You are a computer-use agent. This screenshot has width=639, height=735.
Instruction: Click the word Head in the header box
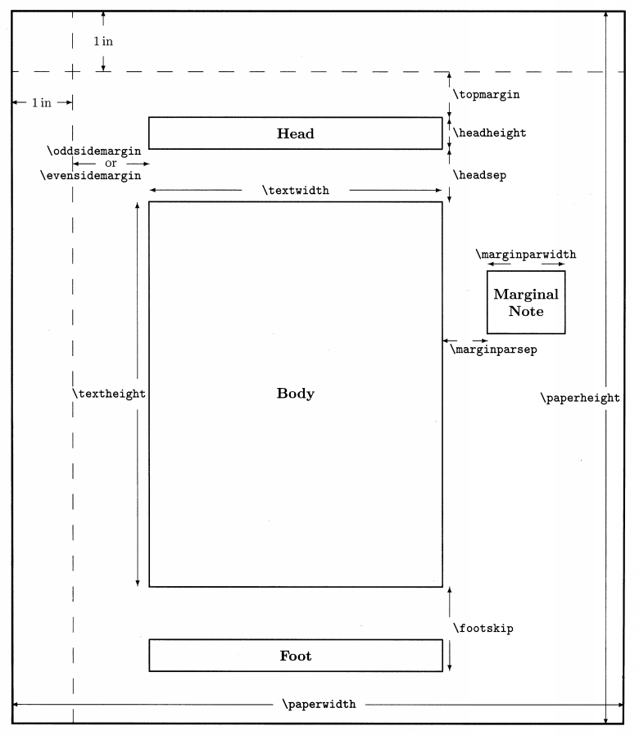pyautogui.click(x=295, y=133)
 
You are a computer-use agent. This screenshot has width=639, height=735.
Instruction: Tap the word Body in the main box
pyautogui.click(x=295, y=394)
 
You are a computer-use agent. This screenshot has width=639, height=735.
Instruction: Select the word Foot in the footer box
pyautogui.click(x=295, y=656)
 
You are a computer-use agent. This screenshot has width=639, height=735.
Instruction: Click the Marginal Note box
pyautogui.click(x=525, y=302)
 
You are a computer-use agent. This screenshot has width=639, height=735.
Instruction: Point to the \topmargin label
pyautogui.click(x=487, y=95)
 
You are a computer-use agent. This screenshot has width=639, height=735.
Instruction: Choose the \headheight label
pyautogui.click(x=490, y=133)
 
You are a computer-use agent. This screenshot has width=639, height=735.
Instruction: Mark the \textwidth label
pyautogui.click(x=296, y=191)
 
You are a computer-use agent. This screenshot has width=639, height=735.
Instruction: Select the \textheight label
pyautogui.click(x=109, y=394)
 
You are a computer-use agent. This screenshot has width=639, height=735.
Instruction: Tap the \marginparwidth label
pyautogui.click(x=525, y=254)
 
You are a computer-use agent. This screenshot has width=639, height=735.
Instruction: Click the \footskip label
pyautogui.click(x=483, y=629)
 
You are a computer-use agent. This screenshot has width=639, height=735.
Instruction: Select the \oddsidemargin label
pyautogui.click(x=95, y=151)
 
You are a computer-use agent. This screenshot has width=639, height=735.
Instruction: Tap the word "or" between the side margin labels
pyautogui.click(x=111, y=163)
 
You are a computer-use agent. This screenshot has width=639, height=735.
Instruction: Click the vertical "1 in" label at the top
pyautogui.click(x=102, y=42)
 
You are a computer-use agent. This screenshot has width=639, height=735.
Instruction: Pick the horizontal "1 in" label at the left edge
pyautogui.click(x=41, y=103)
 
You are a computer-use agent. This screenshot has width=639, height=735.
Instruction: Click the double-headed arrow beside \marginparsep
pyautogui.click(x=465, y=339)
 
